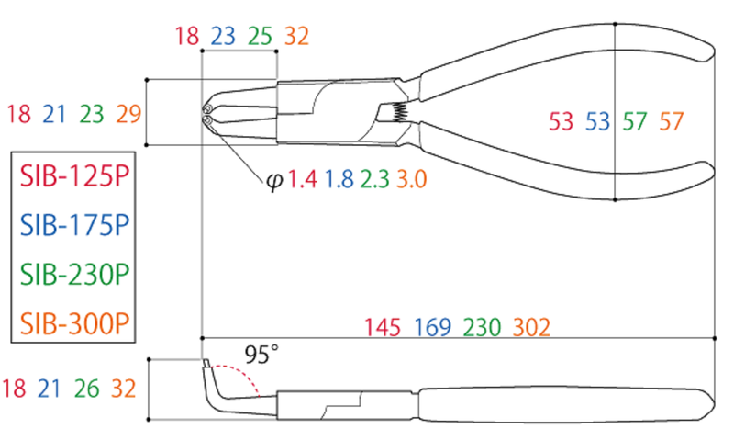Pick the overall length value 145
coord(383,328)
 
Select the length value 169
coord(431,328)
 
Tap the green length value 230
coord(482,328)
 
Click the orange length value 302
coord(532,328)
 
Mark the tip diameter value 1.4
coord(303,179)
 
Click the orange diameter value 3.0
coord(411,179)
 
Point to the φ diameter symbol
coord(274,180)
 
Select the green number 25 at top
coord(260,36)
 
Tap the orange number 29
coord(128,115)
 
